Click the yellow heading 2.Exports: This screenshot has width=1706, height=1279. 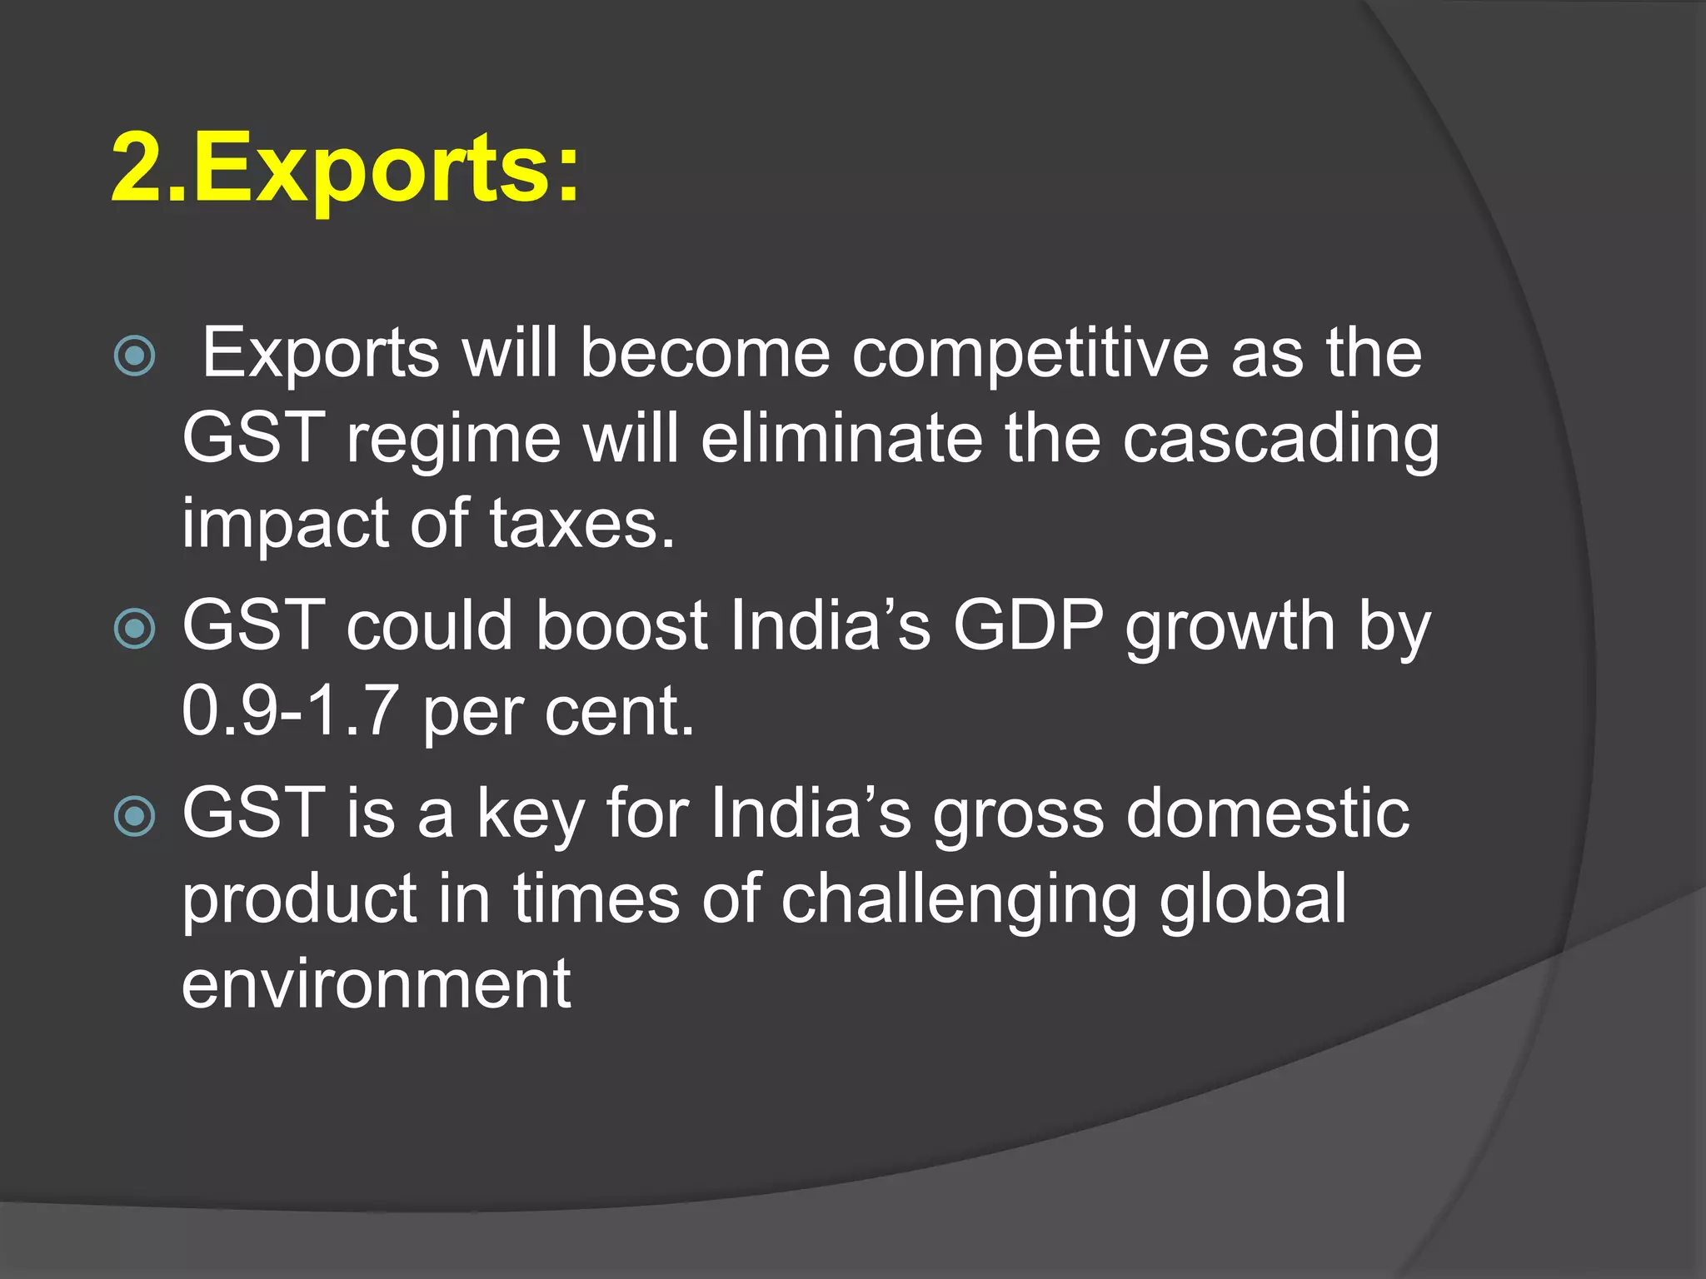pyautogui.click(x=345, y=169)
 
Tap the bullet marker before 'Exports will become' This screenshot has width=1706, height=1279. pyautogui.click(x=134, y=356)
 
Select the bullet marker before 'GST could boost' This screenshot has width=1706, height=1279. pyautogui.click(x=134, y=629)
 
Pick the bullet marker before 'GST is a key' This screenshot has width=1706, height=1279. pyautogui.click(x=134, y=816)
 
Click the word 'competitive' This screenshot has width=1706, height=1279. pyautogui.click(x=1030, y=355)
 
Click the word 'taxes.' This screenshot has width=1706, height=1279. pyautogui.click(x=581, y=525)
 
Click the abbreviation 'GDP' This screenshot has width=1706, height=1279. pyautogui.click(x=1028, y=625)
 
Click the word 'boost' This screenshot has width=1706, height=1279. pyautogui.click(x=621, y=625)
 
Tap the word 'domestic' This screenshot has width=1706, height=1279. pyautogui.click(x=1267, y=814)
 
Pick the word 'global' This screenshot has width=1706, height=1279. pyautogui.click(x=1252, y=900)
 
